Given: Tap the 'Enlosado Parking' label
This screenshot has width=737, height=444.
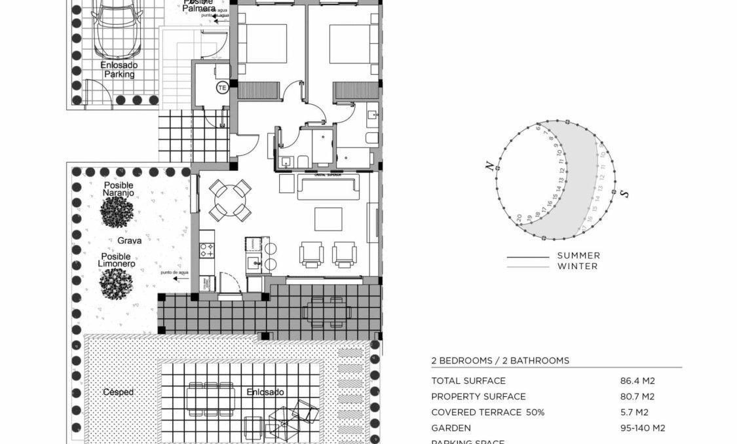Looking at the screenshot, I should click(x=119, y=70).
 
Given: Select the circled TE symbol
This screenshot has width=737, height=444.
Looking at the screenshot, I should click(x=222, y=87).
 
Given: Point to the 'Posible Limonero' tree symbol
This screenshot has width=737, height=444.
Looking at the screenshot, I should click(x=117, y=283).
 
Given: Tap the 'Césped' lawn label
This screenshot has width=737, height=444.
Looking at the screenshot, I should click(x=119, y=392).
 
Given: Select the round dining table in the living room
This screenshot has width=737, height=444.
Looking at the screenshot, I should click(x=230, y=200).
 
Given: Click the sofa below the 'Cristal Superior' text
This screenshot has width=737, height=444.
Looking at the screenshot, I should click(x=328, y=188).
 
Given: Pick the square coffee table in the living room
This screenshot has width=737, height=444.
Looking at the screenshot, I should click(x=328, y=219).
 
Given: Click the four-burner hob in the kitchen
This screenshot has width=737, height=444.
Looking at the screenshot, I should click(x=207, y=250).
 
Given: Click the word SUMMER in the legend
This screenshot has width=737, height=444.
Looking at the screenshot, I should click(x=578, y=255).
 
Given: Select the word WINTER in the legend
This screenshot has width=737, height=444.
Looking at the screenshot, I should click(x=577, y=267).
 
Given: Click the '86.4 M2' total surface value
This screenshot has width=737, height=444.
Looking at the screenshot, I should click(x=637, y=380).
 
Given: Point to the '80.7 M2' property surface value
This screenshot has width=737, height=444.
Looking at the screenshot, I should click(x=637, y=396).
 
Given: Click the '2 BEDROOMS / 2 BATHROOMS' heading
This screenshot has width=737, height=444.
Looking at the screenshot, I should click(x=500, y=360).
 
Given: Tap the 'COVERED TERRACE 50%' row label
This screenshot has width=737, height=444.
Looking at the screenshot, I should click(x=487, y=412).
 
